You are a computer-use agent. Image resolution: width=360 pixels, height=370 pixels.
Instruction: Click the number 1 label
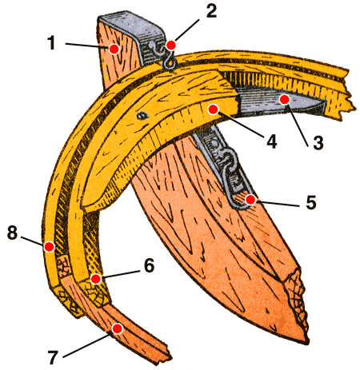point(52,43)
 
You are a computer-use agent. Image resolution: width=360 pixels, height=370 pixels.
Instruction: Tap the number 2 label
point(211,11)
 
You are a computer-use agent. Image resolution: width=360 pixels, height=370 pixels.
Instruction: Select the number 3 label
point(318,142)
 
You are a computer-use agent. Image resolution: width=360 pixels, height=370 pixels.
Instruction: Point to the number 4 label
point(271,141)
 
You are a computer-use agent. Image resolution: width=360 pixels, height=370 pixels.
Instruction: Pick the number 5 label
point(311,202)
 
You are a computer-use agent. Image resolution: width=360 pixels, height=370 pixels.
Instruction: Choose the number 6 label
point(149,265)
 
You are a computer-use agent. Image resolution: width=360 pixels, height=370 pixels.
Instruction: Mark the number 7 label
point(53,357)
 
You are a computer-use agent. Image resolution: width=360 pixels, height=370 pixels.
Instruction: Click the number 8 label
point(12,233)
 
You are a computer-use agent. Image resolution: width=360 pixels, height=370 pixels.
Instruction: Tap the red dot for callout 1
point(114,49)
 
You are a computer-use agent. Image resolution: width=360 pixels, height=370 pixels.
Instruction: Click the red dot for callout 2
point(171,45)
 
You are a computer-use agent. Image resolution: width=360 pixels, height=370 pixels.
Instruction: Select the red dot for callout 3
point(285,100)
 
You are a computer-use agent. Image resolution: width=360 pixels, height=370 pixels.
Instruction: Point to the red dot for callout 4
point(213,109)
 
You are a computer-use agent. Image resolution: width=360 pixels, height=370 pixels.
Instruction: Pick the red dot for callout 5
point(250,200)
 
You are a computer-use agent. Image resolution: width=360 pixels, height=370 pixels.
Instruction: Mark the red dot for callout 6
point(95,279)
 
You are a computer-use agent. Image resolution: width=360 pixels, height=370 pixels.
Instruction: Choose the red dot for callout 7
point(117,328)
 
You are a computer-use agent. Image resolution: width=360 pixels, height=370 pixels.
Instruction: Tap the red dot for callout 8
point(50,247)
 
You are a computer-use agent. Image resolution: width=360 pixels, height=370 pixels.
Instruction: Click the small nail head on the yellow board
point(142,115)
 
